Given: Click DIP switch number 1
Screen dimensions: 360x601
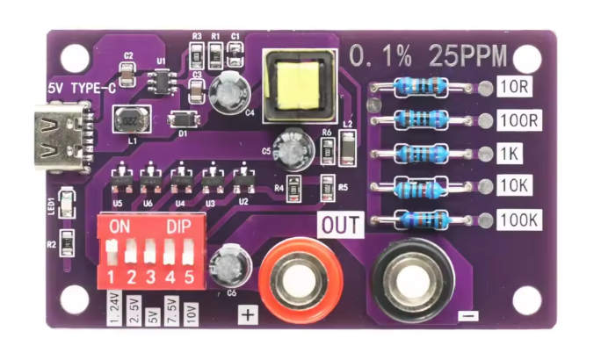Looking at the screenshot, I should coord(112,258).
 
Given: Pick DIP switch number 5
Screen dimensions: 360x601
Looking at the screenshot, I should coord(187,258).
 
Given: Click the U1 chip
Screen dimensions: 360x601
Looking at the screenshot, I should coord(160,82).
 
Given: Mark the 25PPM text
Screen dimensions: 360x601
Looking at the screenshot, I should coord(468,55).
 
